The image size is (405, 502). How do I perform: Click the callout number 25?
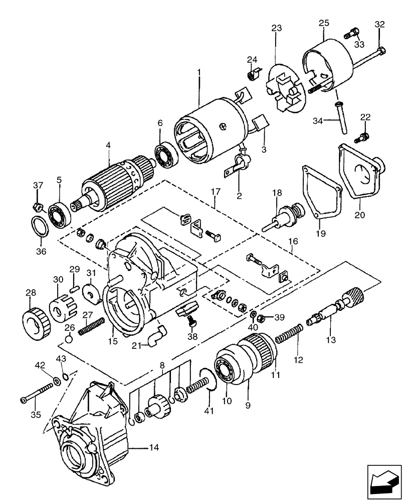324,23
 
